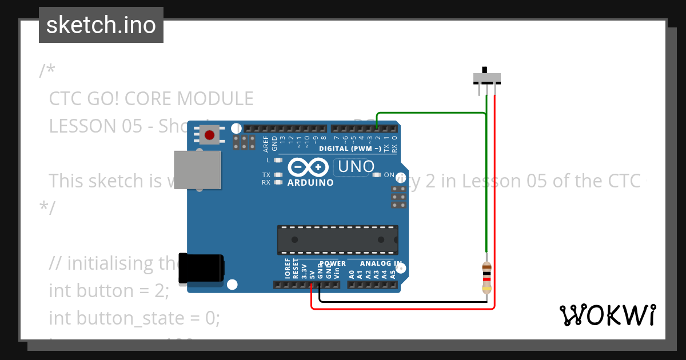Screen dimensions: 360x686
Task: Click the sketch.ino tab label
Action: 101,25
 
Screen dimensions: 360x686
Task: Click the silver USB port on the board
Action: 197,170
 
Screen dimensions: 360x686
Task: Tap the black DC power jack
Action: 201,268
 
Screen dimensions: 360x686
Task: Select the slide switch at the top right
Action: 486,77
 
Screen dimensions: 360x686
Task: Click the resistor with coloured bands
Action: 486,277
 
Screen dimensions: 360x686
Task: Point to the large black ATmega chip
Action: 337,239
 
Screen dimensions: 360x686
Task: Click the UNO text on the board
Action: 356,167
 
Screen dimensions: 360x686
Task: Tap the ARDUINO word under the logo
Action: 310,183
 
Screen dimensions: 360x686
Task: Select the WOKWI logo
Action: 607,315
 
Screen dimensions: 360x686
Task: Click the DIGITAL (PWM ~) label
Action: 350,149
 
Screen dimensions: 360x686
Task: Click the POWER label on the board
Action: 333,264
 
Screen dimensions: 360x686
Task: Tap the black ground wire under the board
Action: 400,301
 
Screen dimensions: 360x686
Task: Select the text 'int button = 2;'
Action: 109,290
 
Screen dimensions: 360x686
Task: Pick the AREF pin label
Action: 266,143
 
